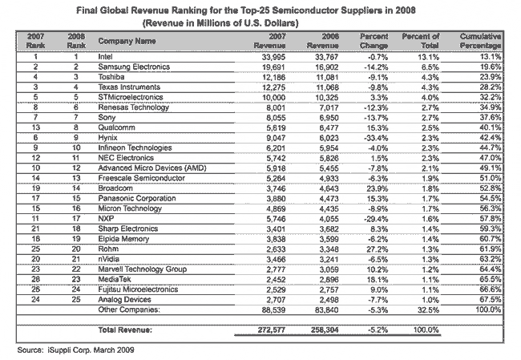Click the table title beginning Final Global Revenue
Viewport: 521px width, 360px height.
[260, 10]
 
